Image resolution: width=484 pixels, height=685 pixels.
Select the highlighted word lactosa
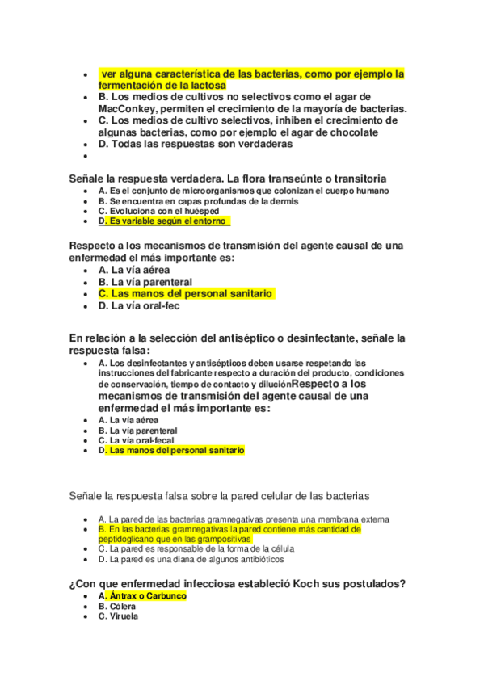click(x=203, y=85)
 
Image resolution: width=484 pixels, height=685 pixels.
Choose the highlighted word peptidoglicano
click(x=128, y=539)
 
